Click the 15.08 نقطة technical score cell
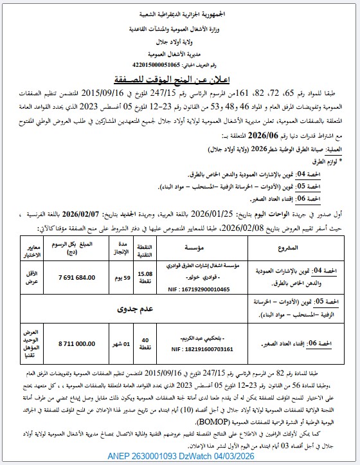145,278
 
